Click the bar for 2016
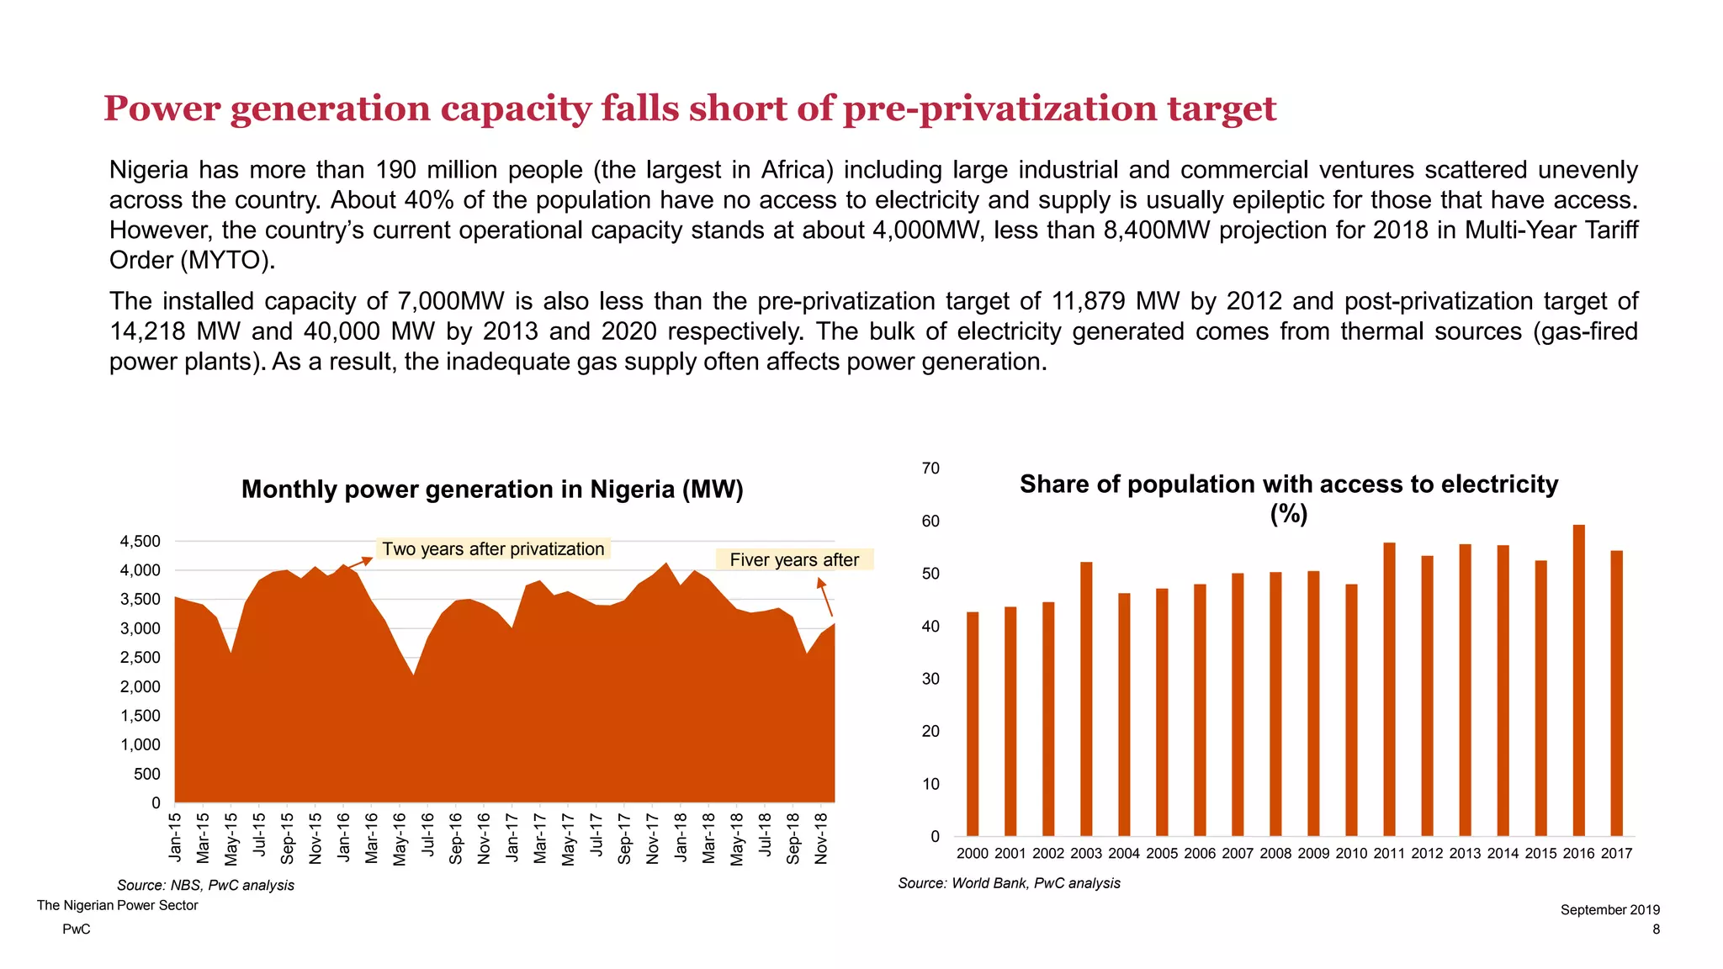[1578, 681]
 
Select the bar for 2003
[1086, 700]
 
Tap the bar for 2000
[973, 724]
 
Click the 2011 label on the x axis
[1389, 854]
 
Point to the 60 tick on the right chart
[930, 522]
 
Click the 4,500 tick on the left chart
[140, 542]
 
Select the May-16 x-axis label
[400, 839]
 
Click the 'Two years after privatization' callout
[493, 549]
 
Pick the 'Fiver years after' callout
[794, 560]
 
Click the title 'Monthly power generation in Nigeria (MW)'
[492, 490]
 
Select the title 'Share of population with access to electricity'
[1289, 485]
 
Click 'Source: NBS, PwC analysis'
[205, 886]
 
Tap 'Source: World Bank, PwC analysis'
[1009, 883]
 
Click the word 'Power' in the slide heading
[162, 109]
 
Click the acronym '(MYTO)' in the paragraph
[227, 261]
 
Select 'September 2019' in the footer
[1609, 910]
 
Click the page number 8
[1656, 929]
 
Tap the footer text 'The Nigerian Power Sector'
[118, 906]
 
